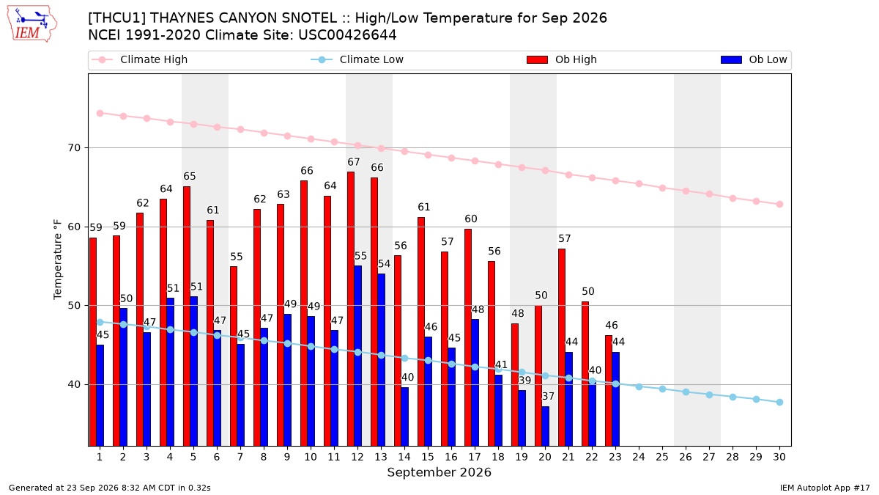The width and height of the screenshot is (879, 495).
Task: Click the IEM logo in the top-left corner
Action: (x=31, y=24)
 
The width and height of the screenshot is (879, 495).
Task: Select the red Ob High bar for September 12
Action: (x=351, y=309)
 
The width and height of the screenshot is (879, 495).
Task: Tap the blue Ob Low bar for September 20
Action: (x=546, y=426)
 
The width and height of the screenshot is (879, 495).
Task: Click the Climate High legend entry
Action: (x=139, y=59)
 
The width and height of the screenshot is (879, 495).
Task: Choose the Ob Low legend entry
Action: (x=754, y=59)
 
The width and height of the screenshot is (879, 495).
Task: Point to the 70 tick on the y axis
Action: (x=74, y=148)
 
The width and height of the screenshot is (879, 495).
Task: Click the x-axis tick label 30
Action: (x=779, y=457)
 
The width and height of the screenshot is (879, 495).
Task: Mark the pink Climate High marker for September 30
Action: (x=779, y=205)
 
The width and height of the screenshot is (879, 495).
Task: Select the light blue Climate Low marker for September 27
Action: (x=710, y=395)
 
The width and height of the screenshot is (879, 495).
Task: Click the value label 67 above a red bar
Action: (x=354, y=162)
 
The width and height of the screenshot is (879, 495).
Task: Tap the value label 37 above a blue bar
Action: (x=548, y=397)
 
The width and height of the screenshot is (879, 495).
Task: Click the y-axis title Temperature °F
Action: (x=58, y=260)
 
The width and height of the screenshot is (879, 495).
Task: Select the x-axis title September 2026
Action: (x=439, y=472)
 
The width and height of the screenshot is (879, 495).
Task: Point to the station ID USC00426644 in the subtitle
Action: (x=347, y=35)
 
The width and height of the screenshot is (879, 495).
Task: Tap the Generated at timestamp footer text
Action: (x=109, y=488)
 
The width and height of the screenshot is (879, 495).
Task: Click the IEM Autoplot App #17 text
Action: (x=825, y=488)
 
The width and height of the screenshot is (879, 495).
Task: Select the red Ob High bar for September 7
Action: (x=234, y=356)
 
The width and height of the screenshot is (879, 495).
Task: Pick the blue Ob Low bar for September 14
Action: (x=404, y=417)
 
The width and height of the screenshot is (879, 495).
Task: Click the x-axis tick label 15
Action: (x=428, y=457)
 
